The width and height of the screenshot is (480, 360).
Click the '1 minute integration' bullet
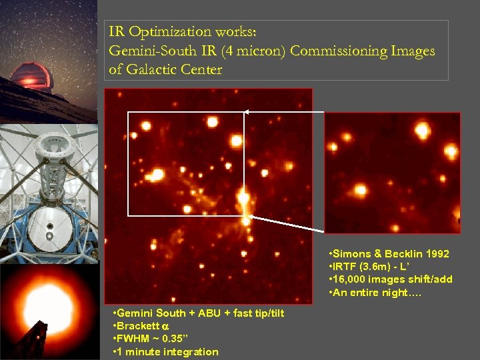point(168,352)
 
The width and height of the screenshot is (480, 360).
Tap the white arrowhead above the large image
point(246,111)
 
